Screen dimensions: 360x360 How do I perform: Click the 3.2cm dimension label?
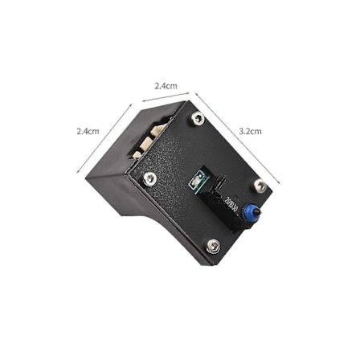coord(250,129)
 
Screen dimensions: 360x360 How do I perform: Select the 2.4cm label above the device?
coord(166,85)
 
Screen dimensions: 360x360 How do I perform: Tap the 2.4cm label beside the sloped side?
coord(88,130)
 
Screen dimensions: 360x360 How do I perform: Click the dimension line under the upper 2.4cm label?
coord(167,98)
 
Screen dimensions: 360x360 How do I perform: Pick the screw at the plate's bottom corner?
coord(212,246)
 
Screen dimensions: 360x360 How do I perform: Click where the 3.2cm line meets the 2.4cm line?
coord(194,92)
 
